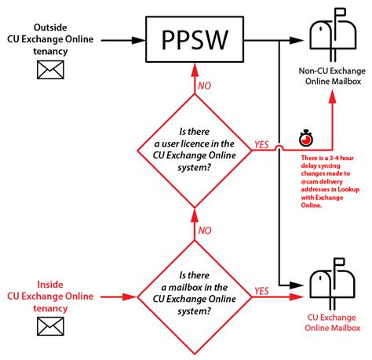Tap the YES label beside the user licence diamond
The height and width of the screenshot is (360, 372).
coord(262,144)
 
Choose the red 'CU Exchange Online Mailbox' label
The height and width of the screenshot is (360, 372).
coord(327,325)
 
